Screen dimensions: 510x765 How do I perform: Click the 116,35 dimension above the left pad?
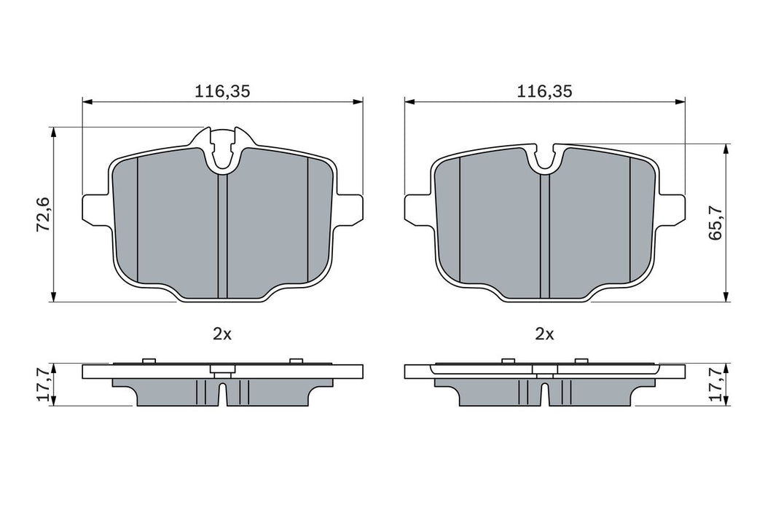point(221,91)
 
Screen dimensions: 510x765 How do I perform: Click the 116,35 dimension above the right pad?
point(544,91)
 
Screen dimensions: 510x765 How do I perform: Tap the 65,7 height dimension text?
point(715,222)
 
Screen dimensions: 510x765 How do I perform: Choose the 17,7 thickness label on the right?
point(717,385)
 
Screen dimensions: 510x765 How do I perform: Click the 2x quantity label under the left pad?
point(221,334)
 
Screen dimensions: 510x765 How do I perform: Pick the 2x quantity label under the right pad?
point(544,334)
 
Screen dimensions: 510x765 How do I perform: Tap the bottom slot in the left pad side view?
point(224,396)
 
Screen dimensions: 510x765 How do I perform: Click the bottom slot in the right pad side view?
point(545,396)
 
